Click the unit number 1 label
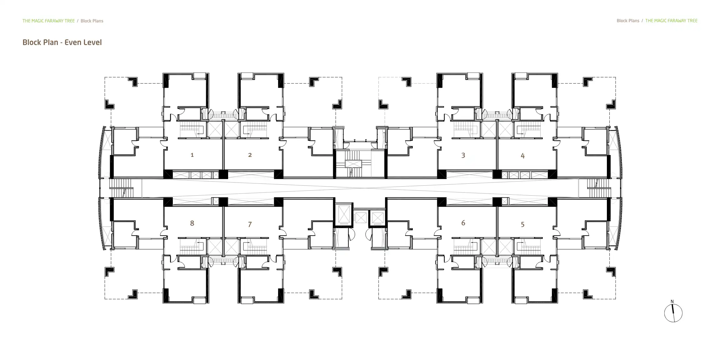(192, 155)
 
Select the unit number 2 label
(250, 155)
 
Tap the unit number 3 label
(463, 155)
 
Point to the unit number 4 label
(522, 156)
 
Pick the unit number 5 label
(522, 224)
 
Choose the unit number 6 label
(463, 223)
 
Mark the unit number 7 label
(250, 224)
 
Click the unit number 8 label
(192, 223)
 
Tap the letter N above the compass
(672, 302)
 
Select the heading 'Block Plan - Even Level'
(62, 42)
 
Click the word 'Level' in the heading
(92, 42)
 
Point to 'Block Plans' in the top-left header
(92, 21)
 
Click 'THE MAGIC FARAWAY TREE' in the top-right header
(671, 21)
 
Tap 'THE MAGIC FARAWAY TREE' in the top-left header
(48, 21)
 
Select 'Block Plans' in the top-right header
(628, 21)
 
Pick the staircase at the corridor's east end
(598, 188)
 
